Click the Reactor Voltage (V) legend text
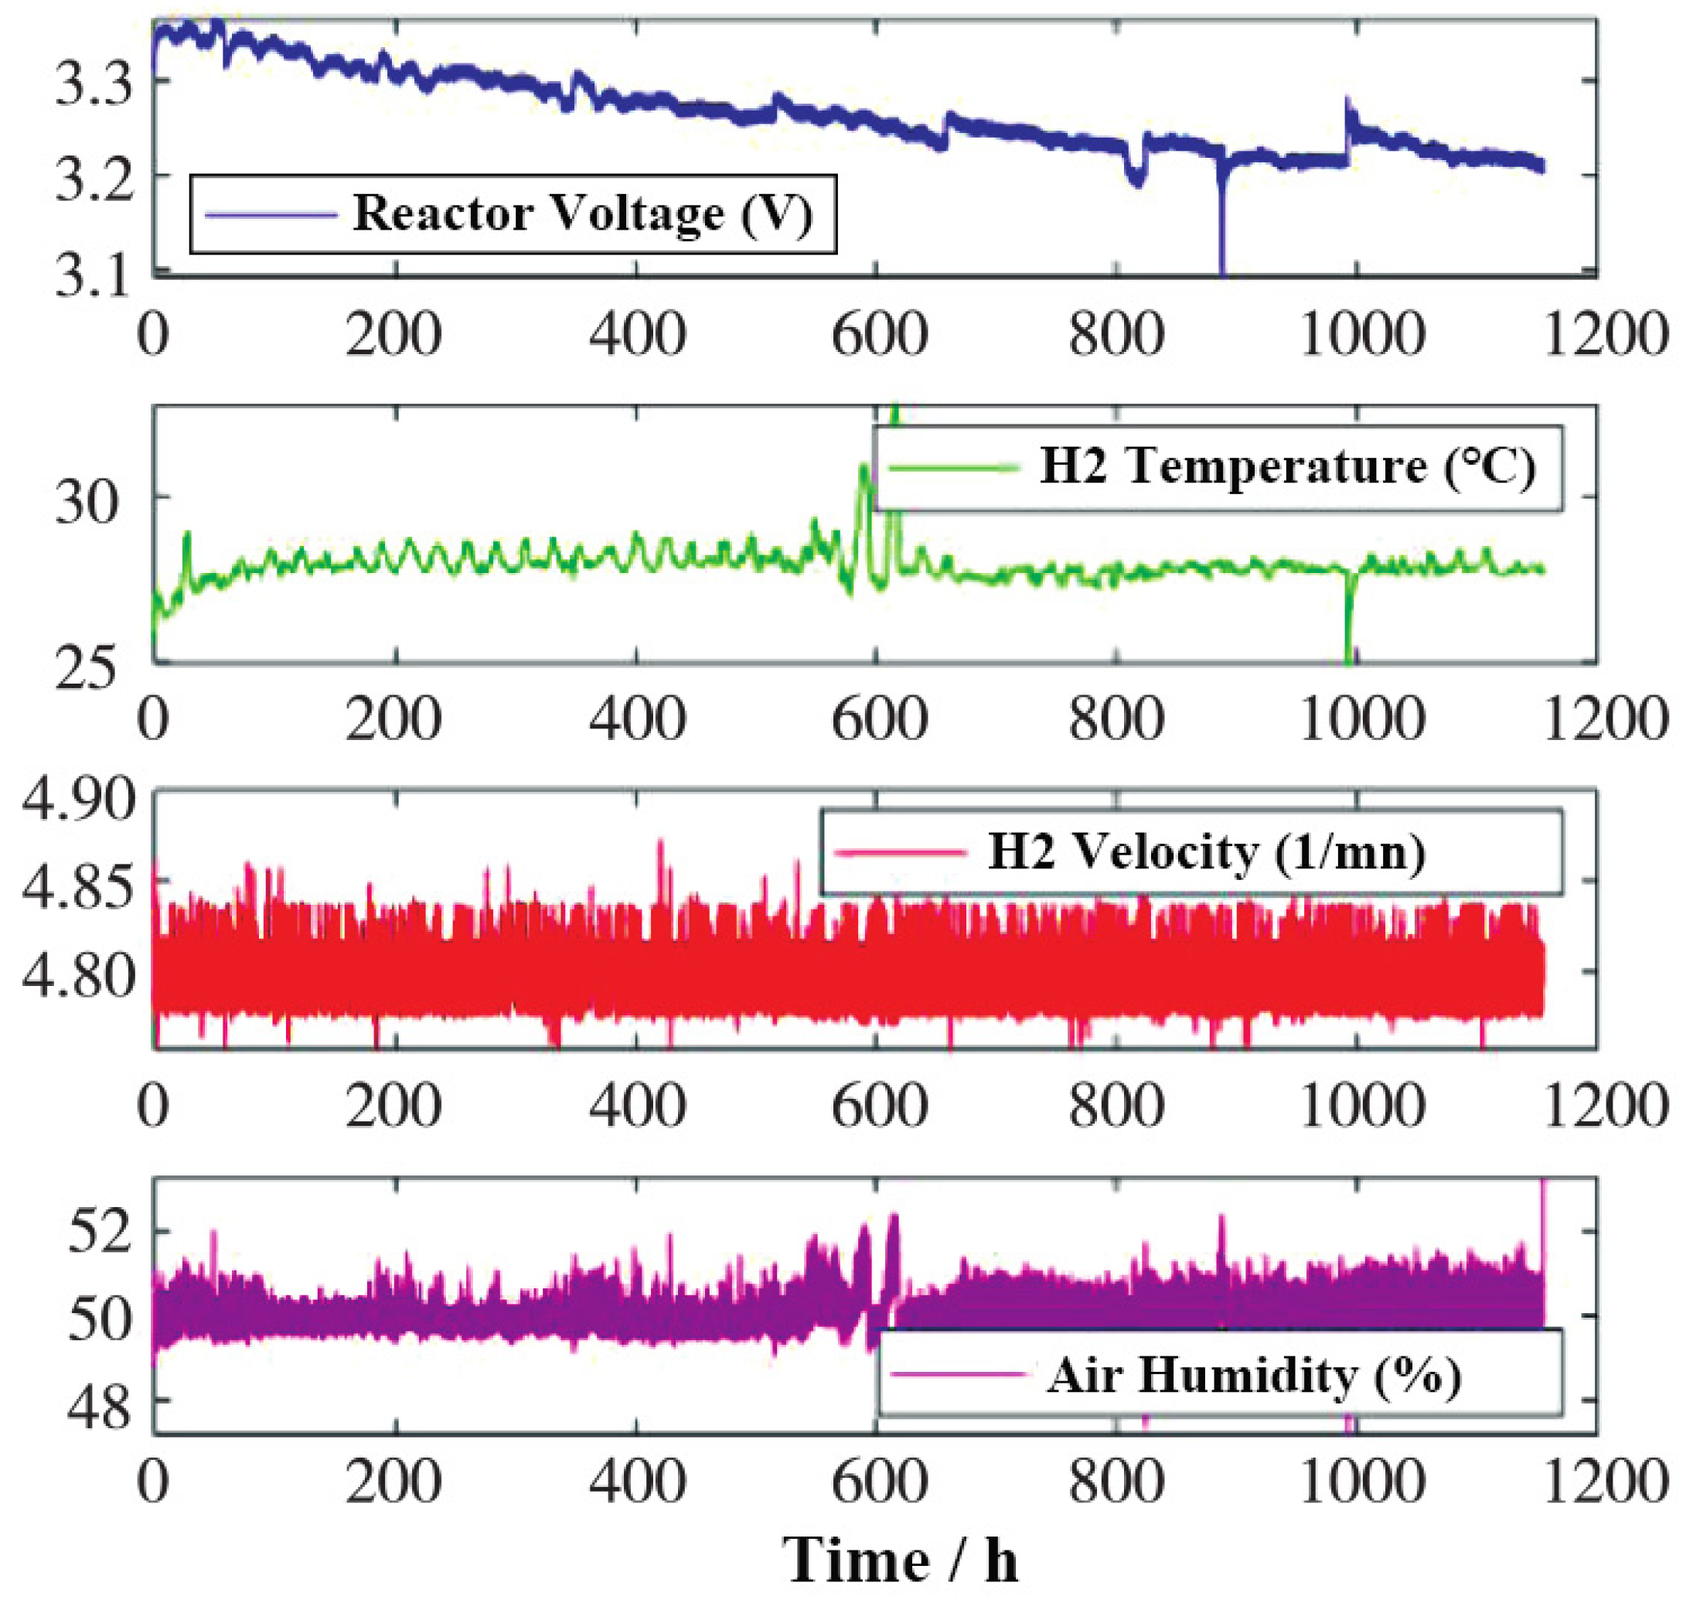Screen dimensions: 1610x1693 coord(583,213)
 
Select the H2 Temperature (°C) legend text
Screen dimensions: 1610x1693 coord(1286,467)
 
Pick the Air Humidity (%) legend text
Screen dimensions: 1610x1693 coord(1254,1376)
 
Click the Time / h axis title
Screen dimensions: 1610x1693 coord(900,1560)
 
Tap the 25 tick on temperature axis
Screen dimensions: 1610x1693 coord(85,669)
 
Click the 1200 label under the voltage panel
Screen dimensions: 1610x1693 coord(1605,335)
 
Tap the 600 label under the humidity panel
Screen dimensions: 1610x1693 coord(879,1484)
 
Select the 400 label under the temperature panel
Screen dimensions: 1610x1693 coord(637,719)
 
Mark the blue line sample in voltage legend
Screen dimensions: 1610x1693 coord(271,214)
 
